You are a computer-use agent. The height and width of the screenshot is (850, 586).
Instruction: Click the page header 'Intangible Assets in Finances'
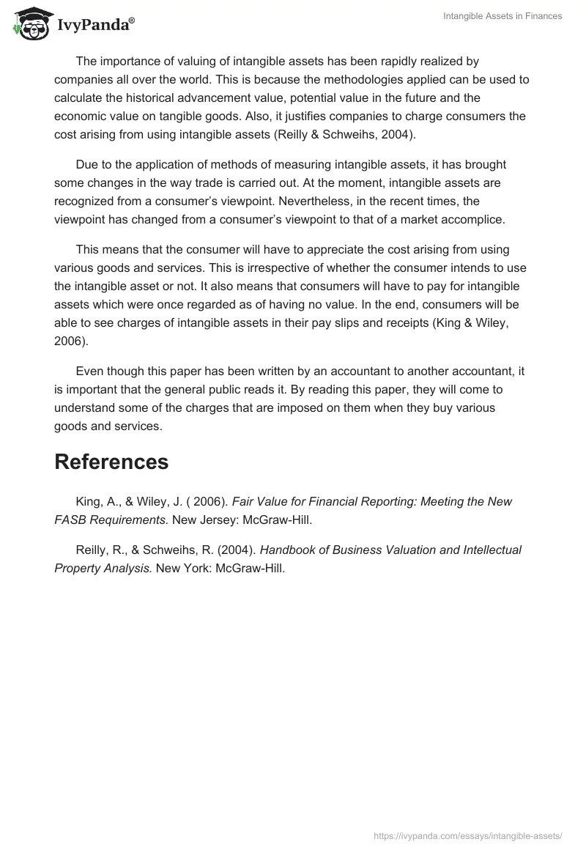tap(502, 16)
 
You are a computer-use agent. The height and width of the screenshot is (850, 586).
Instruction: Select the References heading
tap(111, 462)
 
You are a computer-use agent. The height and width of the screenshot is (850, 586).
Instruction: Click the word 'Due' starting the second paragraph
tap(86, 164)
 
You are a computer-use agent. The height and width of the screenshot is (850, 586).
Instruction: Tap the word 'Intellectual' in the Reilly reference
tap(489, 549)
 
